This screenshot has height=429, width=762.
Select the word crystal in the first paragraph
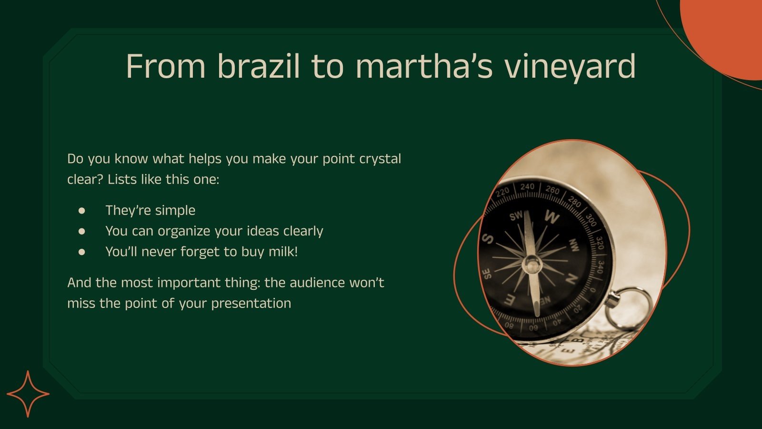point(380,159)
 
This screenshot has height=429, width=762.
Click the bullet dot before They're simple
point(82,210)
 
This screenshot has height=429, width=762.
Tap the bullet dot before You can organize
point(82,231)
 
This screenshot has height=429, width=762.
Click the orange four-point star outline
point(28,394)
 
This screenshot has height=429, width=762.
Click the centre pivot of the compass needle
point(531,263)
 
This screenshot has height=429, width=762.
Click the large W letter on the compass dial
point(552,217)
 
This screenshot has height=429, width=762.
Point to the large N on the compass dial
point(571,279)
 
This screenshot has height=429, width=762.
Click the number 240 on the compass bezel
point(527,186)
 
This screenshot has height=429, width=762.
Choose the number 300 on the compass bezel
point(591,220)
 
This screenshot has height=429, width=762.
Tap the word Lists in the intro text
point(122,180)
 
